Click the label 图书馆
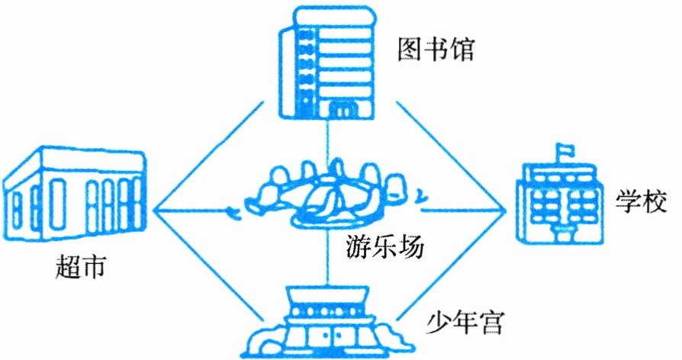click(437, 50)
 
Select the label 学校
click(634, 204)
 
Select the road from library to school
click(450, 156)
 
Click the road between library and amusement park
click(329, 141)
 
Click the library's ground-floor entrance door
click(338, 113)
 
